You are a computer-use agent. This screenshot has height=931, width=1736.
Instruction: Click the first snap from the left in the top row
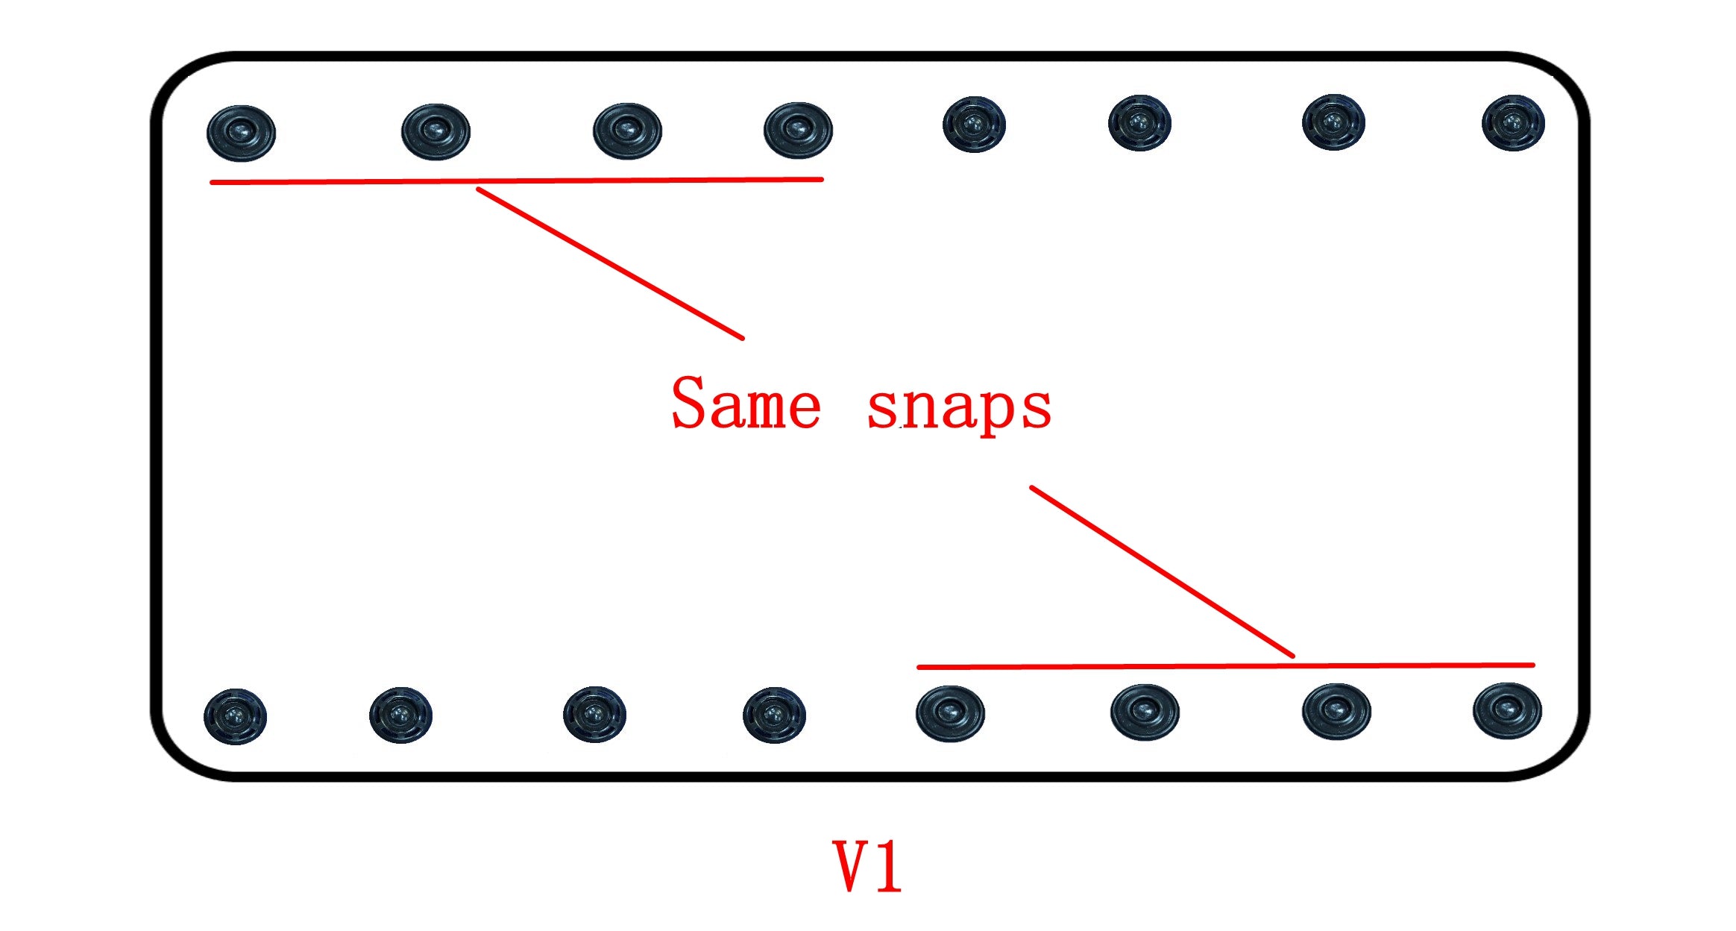point(241,133)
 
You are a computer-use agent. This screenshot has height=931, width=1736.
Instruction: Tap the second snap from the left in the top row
point(435,131)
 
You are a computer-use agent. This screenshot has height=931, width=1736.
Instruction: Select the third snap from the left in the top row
point(627,131)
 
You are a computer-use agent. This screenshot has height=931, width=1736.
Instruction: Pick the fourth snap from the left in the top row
point(798,130)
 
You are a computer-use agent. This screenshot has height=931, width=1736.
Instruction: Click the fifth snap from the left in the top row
point(974,124)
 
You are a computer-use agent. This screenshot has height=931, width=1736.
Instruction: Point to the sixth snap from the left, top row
point(1139,122)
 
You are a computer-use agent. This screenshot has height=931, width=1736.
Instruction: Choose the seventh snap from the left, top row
point(1333,122)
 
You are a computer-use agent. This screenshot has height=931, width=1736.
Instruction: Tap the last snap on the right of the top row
point(1513,122)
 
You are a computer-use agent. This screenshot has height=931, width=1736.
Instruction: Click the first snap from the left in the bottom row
point(235,716)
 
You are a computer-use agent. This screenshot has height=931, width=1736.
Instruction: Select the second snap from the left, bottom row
point(400,715)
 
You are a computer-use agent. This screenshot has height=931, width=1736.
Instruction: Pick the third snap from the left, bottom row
point(594,714)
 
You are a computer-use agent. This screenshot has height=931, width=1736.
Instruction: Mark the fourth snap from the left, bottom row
point(774,715)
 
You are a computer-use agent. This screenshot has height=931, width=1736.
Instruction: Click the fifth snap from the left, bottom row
point(950,713)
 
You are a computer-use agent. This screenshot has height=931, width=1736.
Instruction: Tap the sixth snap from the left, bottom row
point(1145,712)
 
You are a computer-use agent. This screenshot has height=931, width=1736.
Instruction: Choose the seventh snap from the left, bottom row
point(1336,710)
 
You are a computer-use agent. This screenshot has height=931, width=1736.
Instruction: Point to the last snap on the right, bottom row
point(1507,709)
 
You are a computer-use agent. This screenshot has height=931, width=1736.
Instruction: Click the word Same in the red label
point(746,404)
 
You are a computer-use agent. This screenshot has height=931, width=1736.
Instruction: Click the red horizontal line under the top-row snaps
point(516,181)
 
